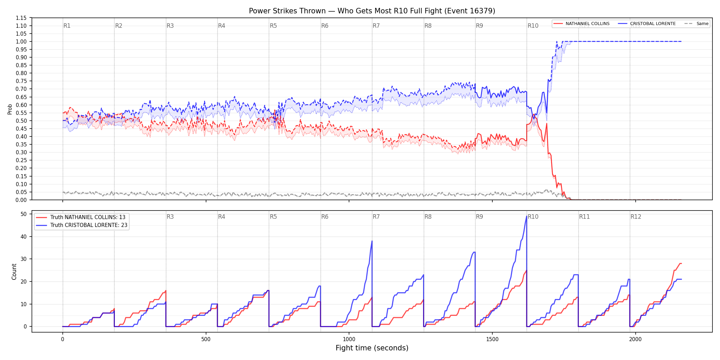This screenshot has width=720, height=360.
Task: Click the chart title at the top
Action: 372,11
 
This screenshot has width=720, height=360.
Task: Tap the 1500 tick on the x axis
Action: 492,339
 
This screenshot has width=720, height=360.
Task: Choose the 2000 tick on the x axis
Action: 635,339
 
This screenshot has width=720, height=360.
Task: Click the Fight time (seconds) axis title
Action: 372,348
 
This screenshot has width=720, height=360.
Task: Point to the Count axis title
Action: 14,272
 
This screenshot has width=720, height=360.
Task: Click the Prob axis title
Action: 10,109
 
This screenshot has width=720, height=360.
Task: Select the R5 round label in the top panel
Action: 273,26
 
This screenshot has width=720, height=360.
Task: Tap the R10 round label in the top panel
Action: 533,26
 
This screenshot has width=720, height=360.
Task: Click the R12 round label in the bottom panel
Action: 636,217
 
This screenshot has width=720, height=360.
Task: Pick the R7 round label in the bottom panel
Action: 376,217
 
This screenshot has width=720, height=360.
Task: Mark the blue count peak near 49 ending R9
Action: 526,216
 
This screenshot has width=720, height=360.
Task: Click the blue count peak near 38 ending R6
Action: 372,241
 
